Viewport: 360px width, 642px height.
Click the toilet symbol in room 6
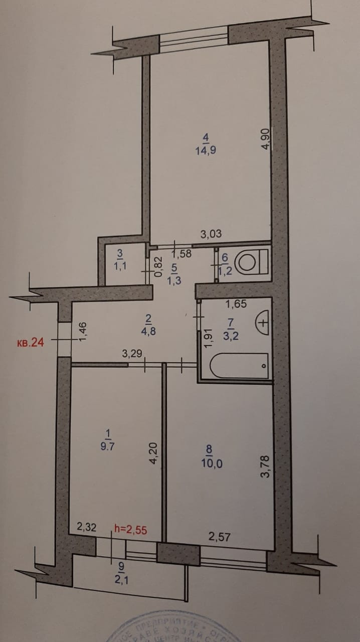point(251,261)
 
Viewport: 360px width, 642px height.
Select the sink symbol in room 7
point(263,320)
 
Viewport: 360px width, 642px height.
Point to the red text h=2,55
point(131,528)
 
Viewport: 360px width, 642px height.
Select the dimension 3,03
point(211,233)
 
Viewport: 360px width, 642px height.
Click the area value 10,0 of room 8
point(212,462)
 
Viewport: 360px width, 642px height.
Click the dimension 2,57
point(219,537)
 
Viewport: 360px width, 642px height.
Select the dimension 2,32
point(86,527)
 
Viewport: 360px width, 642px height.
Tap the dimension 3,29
point(132,354)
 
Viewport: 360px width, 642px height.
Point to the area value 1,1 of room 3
point(119,266)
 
